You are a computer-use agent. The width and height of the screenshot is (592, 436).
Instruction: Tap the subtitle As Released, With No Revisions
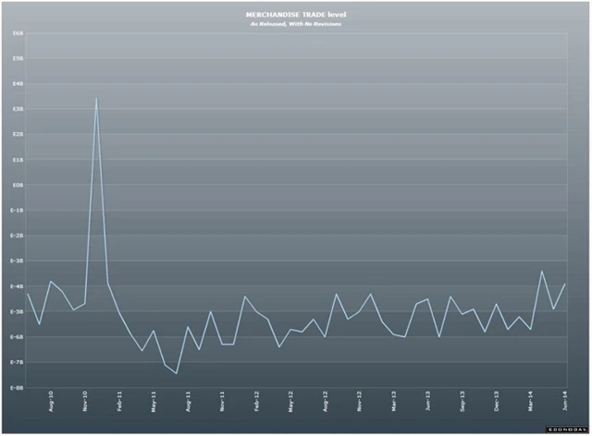[x=296, y=25]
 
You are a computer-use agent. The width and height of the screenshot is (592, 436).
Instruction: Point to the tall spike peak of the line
[x=96, y=98]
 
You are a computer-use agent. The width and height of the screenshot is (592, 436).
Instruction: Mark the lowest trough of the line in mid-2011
[x=176, y=373]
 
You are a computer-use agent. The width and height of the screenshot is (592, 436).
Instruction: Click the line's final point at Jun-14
[x=564, y=285]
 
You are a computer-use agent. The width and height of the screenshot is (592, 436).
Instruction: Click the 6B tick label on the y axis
[x=18, y=33]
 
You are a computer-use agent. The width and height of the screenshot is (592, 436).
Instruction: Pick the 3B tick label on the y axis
[x=18, y=109]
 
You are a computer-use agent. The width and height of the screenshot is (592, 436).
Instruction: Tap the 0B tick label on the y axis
[x=18, y=185]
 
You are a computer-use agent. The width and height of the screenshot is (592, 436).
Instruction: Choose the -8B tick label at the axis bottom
[x=18, y=387]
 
